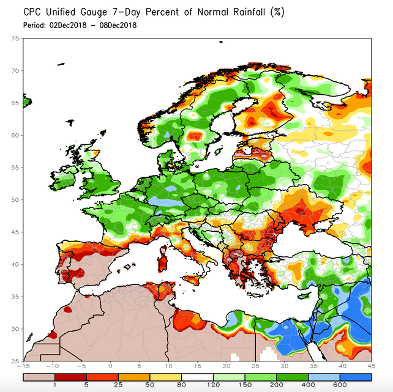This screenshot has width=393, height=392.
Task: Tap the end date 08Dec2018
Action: [116, 25]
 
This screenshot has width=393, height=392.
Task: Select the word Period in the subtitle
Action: [33, 25]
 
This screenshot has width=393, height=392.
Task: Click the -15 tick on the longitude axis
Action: [24, 366]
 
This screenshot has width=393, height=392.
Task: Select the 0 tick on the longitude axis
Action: [110, 366]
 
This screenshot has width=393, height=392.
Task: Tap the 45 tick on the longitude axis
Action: [370, 366]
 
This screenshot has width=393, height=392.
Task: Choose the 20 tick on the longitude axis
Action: [226, 366]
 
